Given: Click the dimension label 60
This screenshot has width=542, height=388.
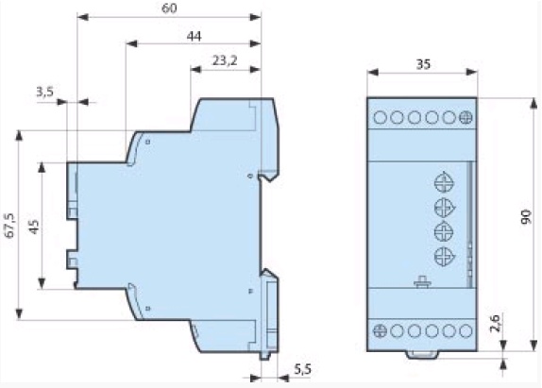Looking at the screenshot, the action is click(x=169, y=8).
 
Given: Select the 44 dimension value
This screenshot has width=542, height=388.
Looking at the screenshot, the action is click(x=194, y=36).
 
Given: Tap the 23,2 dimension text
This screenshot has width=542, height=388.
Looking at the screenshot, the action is click(x=225, y=60).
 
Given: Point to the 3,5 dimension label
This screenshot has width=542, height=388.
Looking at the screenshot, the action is click(x=45, y=92).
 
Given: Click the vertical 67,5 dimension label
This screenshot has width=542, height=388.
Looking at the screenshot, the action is click(x=10, y=226).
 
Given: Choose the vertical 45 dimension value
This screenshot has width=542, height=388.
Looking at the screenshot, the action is click(x=34, y=227).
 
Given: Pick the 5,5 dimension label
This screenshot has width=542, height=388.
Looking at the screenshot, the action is click(x=302, y=370).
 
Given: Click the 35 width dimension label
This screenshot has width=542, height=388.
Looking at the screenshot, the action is click(x=423, y=64).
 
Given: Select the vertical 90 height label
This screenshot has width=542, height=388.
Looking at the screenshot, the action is click(x=526, y=216).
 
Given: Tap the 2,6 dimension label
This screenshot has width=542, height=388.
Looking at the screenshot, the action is click(x=495, y=323).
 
